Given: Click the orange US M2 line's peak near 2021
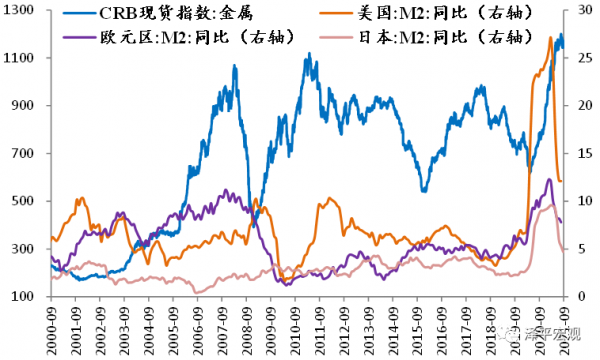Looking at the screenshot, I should point(551,38).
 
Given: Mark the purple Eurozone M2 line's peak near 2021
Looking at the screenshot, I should point(549,180).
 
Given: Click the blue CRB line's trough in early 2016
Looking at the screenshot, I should point(424,190).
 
